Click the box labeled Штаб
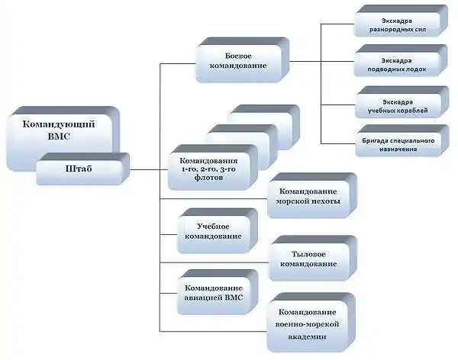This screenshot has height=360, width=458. (x=83, y=169)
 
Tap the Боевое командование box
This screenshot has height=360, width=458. (x=242, y=60)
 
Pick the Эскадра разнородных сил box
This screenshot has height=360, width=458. (x=401, y=21)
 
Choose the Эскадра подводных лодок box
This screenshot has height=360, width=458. (x=401, y=61)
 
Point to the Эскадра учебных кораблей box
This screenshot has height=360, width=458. (x=402, y=102)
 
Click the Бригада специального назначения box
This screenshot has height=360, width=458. (x=402, y=141)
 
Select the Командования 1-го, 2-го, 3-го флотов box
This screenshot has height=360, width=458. (x=213, y=168)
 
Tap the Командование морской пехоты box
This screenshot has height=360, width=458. (x=312, y=195)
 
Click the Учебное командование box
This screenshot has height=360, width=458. (x=218, y=231)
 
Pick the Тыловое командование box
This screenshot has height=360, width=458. (x=312, y=259)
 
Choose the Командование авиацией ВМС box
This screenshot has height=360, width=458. (x=218, y=292)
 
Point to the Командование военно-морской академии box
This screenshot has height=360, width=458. (x=311, y=323)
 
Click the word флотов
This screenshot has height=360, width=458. (x=208, y=178)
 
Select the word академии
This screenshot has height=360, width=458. (x=307, y=336)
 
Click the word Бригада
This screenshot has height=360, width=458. (x=373, y=141)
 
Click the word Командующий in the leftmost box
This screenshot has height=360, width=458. (x=59, y=124)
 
